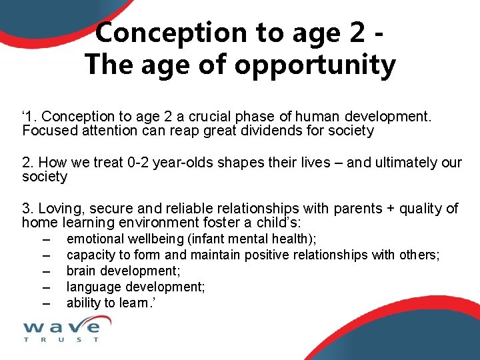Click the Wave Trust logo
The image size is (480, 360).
pyautogui.click(x=61, y=328)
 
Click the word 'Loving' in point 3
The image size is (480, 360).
pyautogui.click(x=60, y=209)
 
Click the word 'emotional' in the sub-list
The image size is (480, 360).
pyautogui.click(x=95, y=239)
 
